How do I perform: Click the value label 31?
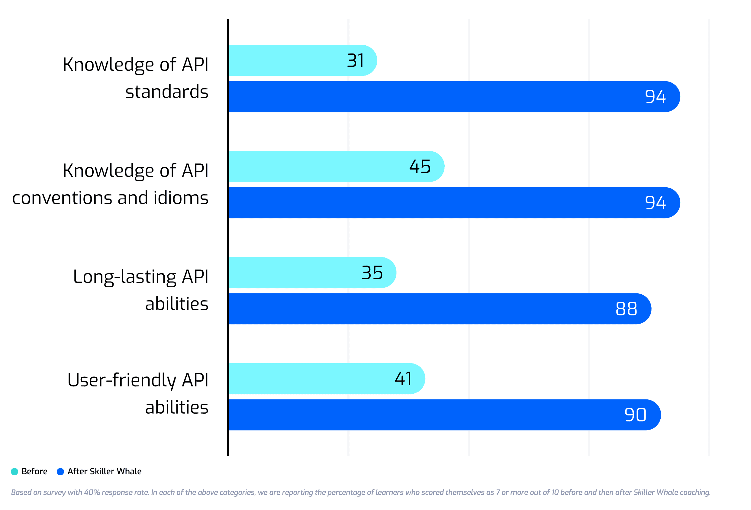coord(356,60)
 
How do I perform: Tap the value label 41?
coord(403,379)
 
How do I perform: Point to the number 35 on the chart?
coord(372,273)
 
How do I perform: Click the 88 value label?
coord(626,309)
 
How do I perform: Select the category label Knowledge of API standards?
coord(135,78)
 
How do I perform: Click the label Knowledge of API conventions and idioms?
coord(110,184)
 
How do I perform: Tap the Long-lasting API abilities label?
coord(141,290)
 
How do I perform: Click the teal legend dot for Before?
coord(15,472)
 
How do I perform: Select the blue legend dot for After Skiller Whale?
coord(60,472)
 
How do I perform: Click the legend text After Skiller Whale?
coord(105,472)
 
